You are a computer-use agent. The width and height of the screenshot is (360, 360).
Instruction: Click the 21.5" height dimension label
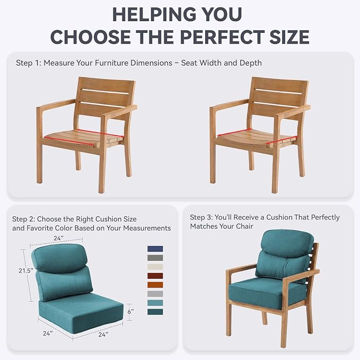click(25, 271)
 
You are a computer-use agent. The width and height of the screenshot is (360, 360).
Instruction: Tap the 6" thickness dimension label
click(130, 312)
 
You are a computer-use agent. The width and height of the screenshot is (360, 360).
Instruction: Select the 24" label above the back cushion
click(58, 238)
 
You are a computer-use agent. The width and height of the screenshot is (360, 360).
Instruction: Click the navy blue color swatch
click(155, 249)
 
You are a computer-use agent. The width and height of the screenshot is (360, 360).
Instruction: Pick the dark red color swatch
click(155, 276)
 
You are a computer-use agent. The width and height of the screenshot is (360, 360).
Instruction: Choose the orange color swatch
click(155, 285)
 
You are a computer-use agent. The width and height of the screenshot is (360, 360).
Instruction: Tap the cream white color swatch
click(155, 267)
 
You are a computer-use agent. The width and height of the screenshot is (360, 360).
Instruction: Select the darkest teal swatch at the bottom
click(155, 312)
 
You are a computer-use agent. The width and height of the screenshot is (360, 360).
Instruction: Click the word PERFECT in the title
click(222, 37)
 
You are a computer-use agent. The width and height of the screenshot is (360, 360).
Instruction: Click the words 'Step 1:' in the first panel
click(29, 63)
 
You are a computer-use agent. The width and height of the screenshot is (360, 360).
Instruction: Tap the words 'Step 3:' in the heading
click(202, 217)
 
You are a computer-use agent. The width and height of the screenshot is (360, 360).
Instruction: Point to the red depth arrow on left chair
click(68, 142)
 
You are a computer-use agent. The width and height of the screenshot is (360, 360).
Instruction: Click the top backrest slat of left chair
click(106, 85)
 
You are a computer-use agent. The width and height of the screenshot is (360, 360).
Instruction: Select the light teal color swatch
click(155, 303)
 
